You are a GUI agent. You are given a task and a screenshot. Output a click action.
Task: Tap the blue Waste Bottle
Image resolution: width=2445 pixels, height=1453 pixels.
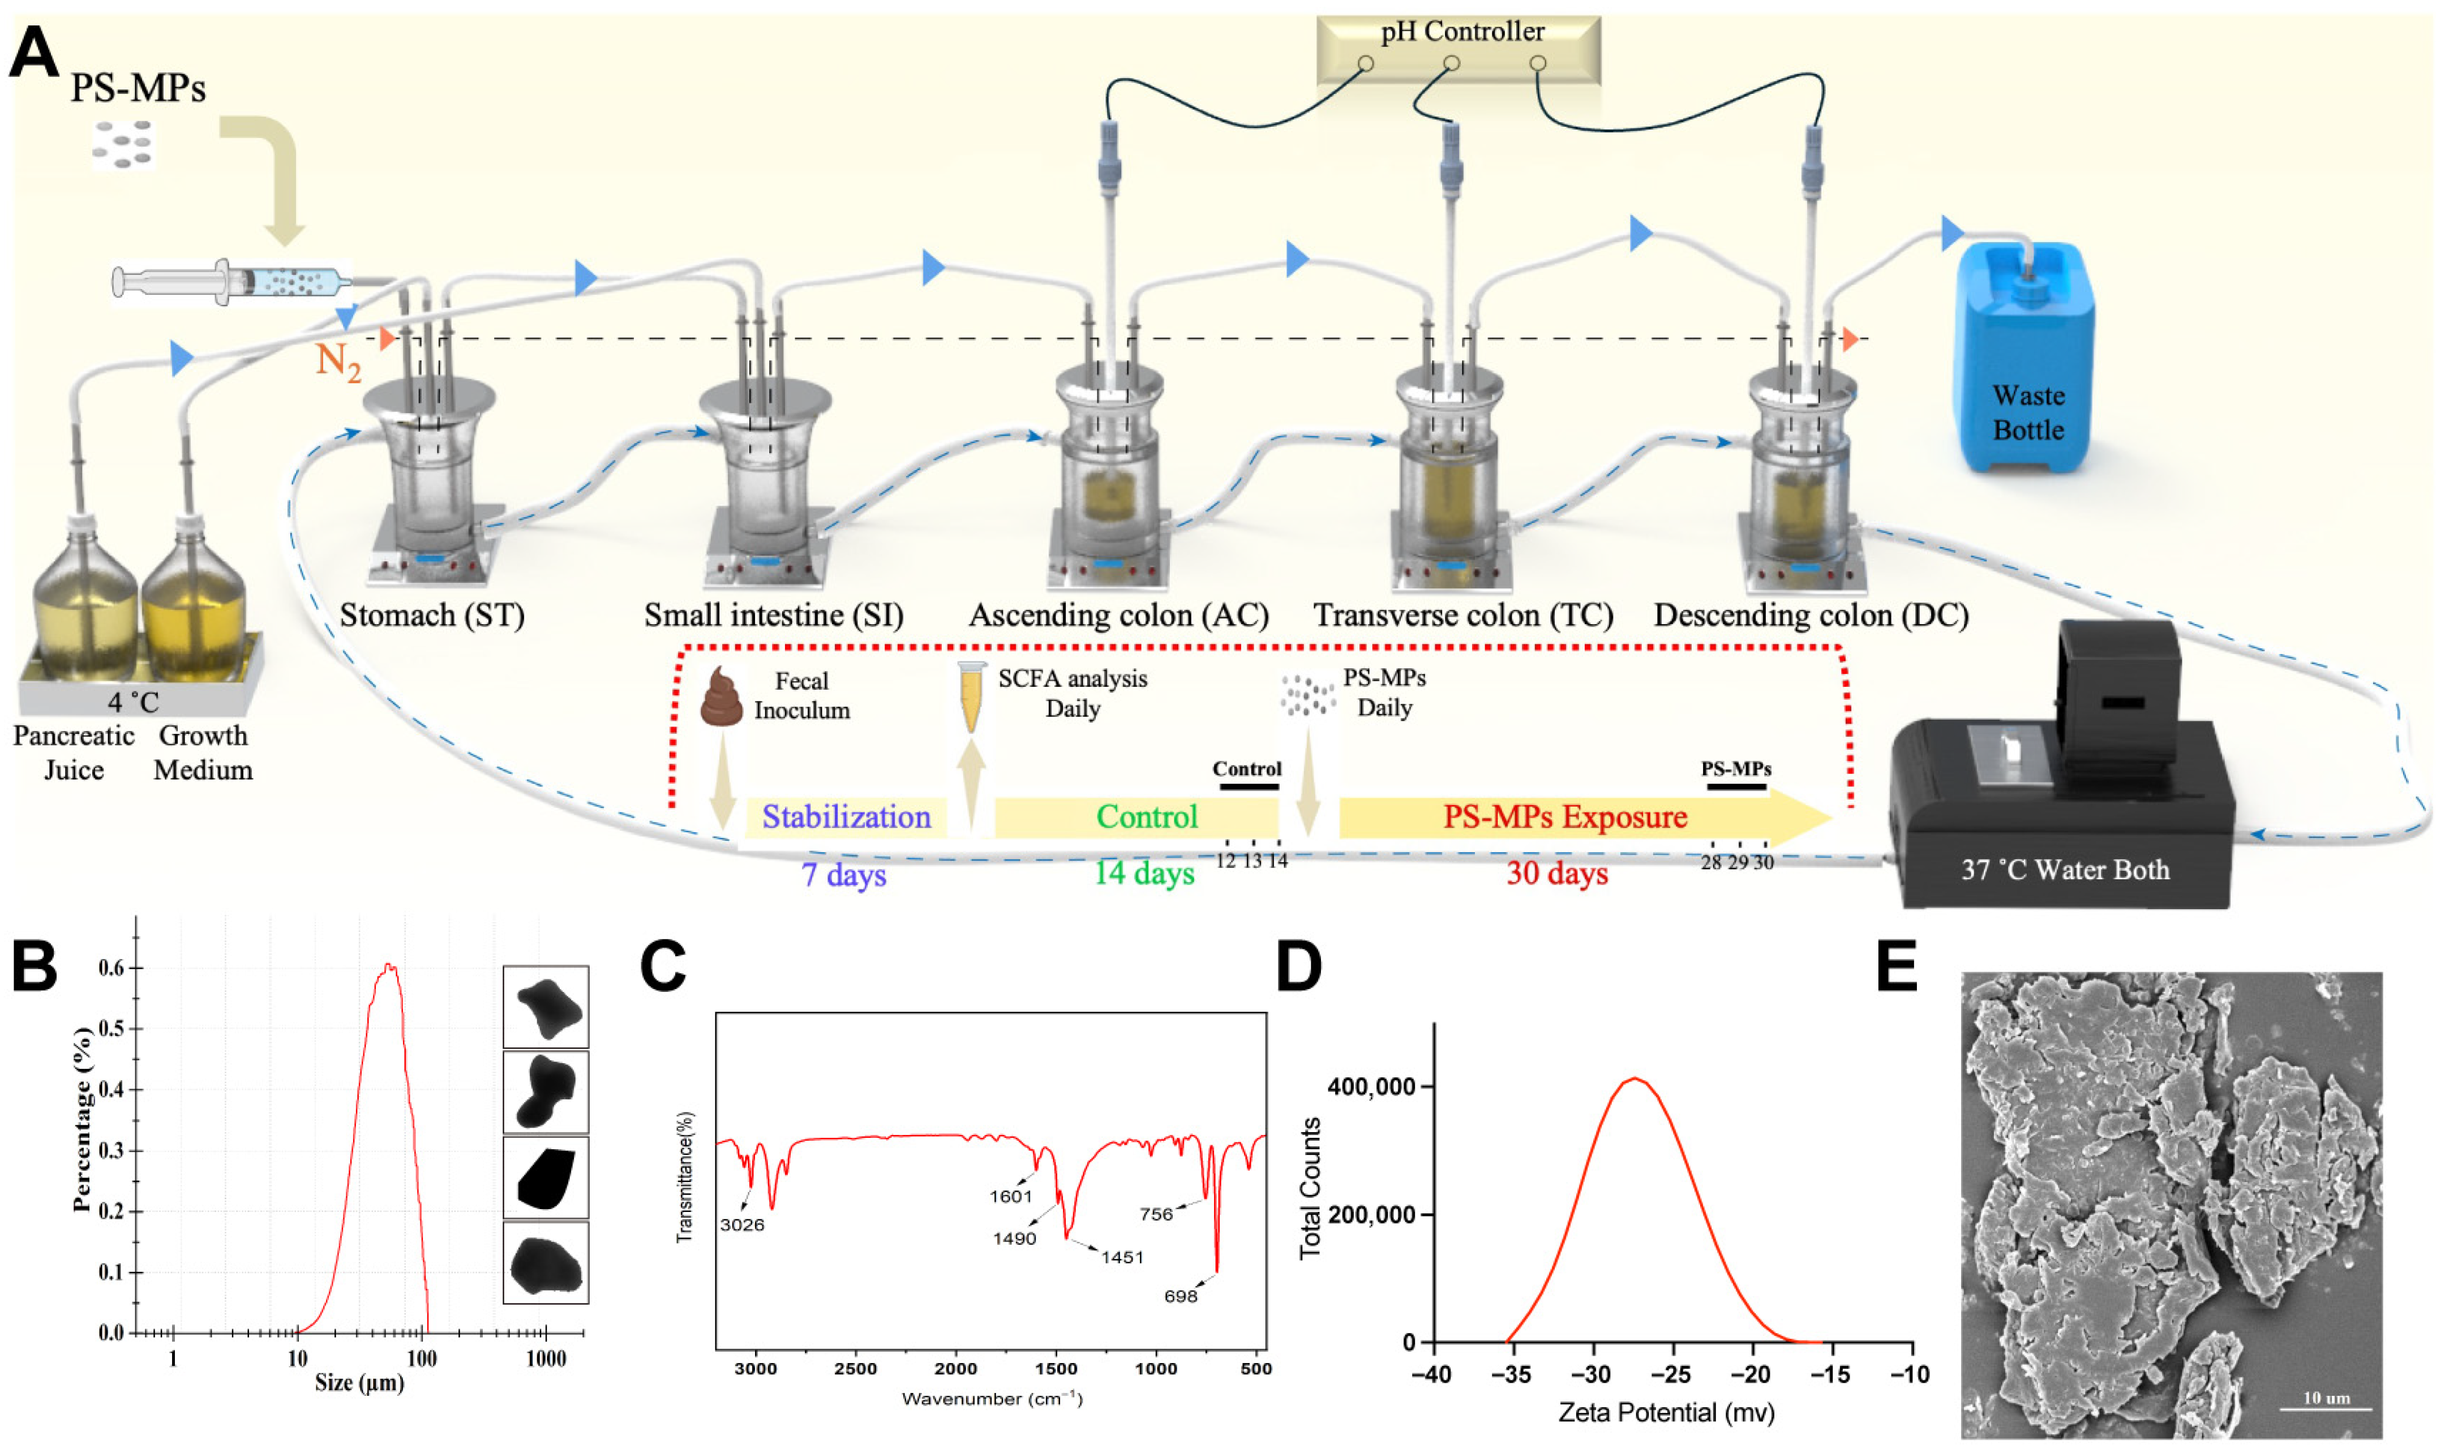[2025, 362]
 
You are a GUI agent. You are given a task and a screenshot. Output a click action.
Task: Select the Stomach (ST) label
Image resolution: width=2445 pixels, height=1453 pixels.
[432, 615]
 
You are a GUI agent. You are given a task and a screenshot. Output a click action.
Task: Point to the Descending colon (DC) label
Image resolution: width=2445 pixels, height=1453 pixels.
[1811, 615]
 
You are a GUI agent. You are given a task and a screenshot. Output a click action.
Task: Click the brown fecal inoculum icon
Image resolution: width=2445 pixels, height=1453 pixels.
[722, 697]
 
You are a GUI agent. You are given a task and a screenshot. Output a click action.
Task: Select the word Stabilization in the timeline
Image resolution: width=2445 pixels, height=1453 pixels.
[846, 816]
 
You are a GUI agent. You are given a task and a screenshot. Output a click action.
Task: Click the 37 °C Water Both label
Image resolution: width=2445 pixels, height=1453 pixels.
[2064, 870]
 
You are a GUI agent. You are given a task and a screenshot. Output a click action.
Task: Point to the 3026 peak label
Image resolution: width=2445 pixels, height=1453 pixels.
[741, 1225]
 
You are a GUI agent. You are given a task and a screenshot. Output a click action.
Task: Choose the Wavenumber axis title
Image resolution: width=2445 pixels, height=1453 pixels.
[991, 1398]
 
